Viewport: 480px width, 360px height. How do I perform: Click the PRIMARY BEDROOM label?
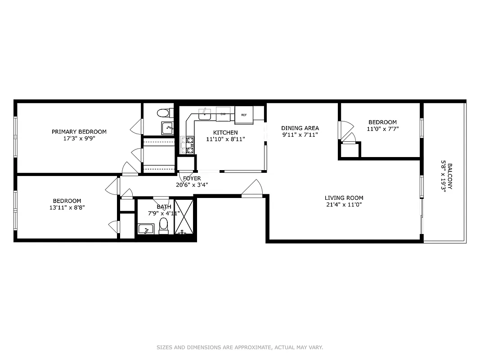pyautogui.click(x=79, y=132)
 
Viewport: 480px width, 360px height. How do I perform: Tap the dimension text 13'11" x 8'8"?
pyautogui.click(x=67, y=207)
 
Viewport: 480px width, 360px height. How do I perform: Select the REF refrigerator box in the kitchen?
pyautogui.click(x=244, y=114)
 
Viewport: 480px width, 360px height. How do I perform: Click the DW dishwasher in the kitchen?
pyautogui.click(x=223, y=114)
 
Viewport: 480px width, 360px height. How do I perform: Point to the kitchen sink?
pyautogui.click(x=205, y=114)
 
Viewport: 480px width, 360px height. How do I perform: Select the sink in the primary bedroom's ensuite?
pyautogui.click(x=167, y=127)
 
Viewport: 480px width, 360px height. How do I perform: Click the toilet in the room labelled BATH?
pyautogui.click(x=164, y=225)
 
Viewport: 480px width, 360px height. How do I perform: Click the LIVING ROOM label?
pyautogui.click(x=344, y=198)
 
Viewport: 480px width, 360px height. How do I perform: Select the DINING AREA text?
pyautogui.click(x=300, y=128)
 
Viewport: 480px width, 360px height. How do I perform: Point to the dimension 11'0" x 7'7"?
pyautogui.click(x=382, y=129)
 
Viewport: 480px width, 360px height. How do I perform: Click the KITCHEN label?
pyautogui.click(x=225, y=132)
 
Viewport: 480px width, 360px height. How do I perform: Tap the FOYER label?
pyautogui.click(x=192, y=178)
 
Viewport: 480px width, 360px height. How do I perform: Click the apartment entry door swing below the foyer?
pyautogui.click(x=252, y=189)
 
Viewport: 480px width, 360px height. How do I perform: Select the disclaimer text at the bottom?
pyautogui.click(x=240, y=347)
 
